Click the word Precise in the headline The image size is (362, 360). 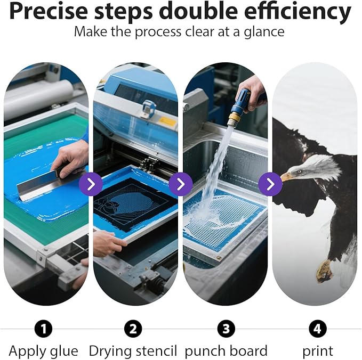(49, 12)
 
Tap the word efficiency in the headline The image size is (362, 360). (297, 12)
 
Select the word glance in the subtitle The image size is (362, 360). (264, 32)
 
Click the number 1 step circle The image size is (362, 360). (43, 329)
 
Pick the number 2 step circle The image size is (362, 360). (133, 329)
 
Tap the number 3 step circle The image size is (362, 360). (226, 329)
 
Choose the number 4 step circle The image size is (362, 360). (317, 329)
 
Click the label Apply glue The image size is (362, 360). (44, 351)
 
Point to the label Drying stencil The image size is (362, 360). (133, 351)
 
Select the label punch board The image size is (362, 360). (226, 351)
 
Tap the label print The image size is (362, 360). (318, 351)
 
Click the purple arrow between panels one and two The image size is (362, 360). (91, 184)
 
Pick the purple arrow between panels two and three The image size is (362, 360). (181, 184)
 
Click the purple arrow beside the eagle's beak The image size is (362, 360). (270, 184)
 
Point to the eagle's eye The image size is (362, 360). (299, 171)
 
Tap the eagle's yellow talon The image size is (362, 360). (324, 271)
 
